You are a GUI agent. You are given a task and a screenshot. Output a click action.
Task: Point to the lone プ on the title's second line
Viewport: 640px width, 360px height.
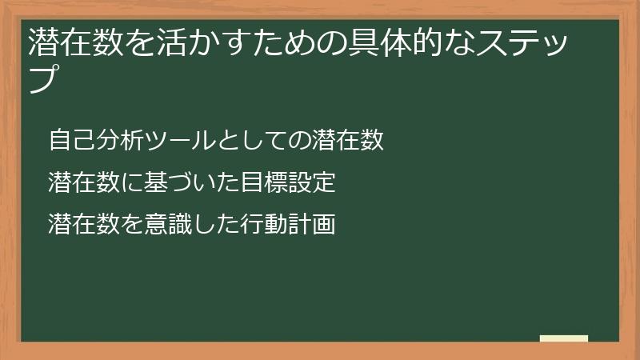tap(45, 79)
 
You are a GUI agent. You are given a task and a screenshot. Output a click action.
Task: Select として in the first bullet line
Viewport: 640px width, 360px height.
tap(254, 140)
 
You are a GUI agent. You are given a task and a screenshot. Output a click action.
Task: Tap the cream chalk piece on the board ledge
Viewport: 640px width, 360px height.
tap(564, 338)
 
